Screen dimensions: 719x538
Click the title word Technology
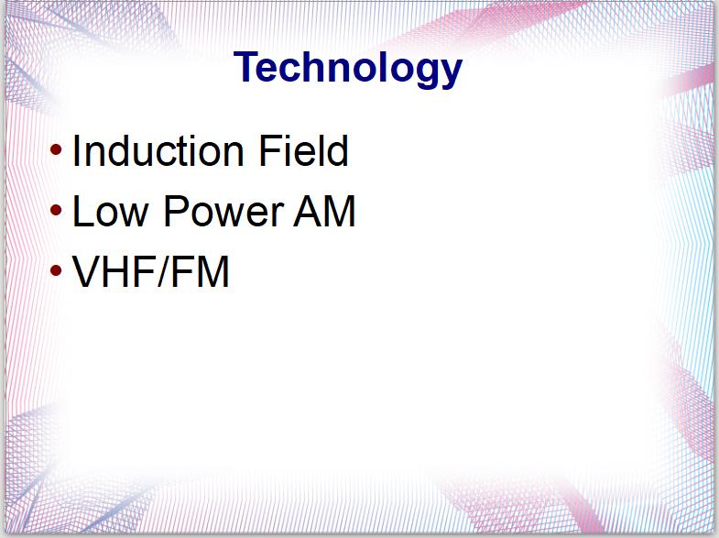click(347, 68)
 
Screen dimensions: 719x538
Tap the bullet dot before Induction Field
click(56, 149)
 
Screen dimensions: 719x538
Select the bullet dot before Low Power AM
click(56, 210)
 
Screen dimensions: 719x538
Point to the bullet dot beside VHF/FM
click(56, 270)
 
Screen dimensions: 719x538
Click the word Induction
click(158, 150)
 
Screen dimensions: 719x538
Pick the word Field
click(303, 150)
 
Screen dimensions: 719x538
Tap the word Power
click(223, 211)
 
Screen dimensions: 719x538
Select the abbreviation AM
click(324, 211)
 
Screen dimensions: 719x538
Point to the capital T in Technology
click(246, 67)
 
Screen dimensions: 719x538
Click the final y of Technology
click(450, 73)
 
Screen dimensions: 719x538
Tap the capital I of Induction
click(76, 150)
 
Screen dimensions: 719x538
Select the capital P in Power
click(176, 211)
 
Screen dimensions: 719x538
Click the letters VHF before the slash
click(114, 271)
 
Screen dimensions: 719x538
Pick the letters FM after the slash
click(201, 271)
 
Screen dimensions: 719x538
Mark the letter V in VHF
click(86, 271)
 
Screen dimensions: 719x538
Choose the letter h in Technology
click(319, 67)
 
